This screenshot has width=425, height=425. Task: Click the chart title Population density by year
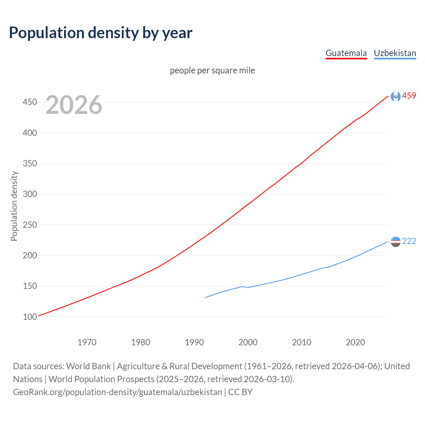click(x=101, y=33)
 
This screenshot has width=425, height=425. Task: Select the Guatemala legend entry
click(x=346, y=53)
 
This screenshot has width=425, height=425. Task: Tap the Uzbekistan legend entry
click(x=395, y=53)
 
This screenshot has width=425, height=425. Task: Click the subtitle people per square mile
click(x=212, y=70)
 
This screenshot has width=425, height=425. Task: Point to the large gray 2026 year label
click(x=74, y=105)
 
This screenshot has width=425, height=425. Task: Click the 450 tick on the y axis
click(x=30, y=102)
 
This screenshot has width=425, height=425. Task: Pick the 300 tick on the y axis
click(x=30, y=194)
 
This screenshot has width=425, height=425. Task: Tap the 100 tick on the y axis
click(x=30, y=317)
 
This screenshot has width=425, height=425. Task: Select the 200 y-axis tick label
click(x=30, y=255)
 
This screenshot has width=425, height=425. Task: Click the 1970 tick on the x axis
click(x=87, y=342)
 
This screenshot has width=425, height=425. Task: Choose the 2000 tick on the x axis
click(x=248, y=342)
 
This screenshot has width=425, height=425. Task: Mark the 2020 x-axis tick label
click(x=355, y=342)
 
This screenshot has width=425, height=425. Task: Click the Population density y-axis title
click(x=14, y=206)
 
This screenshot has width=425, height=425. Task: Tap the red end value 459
click(x=409, y=96)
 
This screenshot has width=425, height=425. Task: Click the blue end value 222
click(x=409, y=241)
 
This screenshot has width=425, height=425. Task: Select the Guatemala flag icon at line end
click(x=395, y=96)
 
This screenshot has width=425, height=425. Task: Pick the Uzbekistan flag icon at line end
click(x=395, y=242)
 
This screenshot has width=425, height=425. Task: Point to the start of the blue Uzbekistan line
click(x=205, y=297)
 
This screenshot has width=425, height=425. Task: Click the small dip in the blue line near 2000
click(x=248, y=288)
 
